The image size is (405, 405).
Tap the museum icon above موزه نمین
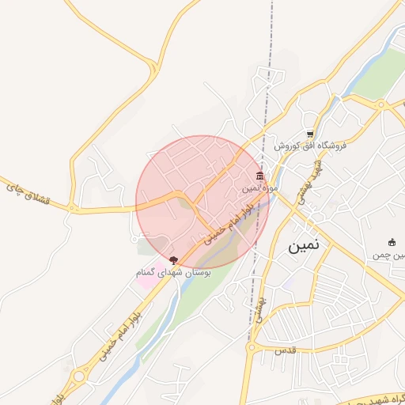259,176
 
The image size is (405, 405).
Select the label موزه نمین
259,188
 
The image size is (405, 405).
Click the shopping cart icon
311,134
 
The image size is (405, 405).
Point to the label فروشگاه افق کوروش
310,146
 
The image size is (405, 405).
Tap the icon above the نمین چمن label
392,242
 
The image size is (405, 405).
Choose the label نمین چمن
389,255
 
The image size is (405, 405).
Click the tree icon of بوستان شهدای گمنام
174,259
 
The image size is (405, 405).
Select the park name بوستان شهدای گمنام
174,272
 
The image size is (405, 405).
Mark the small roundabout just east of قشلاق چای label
73,209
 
